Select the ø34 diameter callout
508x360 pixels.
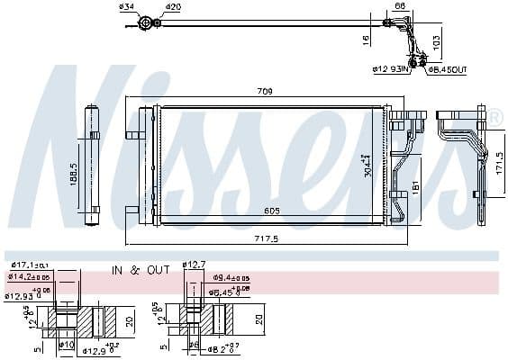(x=126, y=7)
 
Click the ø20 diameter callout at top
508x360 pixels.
(x=172, y=7)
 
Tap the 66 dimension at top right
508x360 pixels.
(x=399, y=7)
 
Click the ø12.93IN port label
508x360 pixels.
(x=391, y=68)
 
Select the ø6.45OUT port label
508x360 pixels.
(x=447, y=68)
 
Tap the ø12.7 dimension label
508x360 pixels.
(x=195, y=264)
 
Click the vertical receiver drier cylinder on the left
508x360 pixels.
(x=94, y=162)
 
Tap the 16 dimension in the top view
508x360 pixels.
(x=367, y=39)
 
